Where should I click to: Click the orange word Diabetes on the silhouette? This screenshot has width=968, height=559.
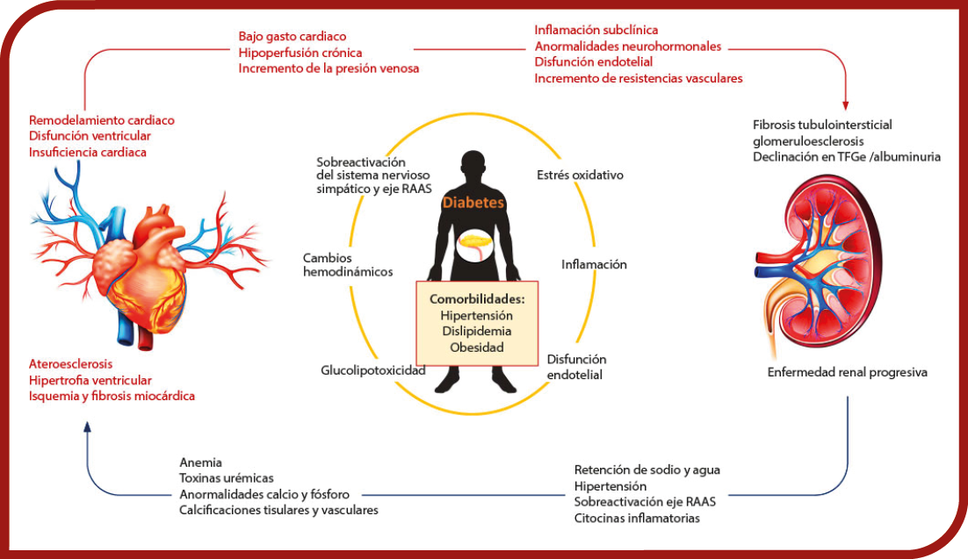473,203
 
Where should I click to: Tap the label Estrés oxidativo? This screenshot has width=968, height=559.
580,176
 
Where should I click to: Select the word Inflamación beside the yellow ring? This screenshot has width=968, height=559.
594,265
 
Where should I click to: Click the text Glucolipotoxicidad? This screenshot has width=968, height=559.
372,370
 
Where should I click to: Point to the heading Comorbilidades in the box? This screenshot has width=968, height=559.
477,299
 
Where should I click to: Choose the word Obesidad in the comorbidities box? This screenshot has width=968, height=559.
477,348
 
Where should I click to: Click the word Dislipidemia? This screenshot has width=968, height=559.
477,332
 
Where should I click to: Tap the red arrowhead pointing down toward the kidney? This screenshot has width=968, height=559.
846,105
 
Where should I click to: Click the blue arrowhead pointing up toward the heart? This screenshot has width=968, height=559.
87,427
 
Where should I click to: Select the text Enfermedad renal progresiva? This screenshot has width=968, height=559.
847,372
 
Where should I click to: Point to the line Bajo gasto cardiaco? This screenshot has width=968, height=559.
292,36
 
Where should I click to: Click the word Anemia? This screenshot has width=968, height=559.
200,462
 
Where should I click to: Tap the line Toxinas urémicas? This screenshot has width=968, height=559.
227,478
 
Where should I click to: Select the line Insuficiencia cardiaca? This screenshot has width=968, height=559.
88,153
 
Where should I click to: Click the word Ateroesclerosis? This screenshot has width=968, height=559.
70,364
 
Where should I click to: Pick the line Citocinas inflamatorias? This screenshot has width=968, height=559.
637,519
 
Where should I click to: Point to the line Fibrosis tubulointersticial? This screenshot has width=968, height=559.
822,125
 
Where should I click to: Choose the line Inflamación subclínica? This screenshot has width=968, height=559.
596,30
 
